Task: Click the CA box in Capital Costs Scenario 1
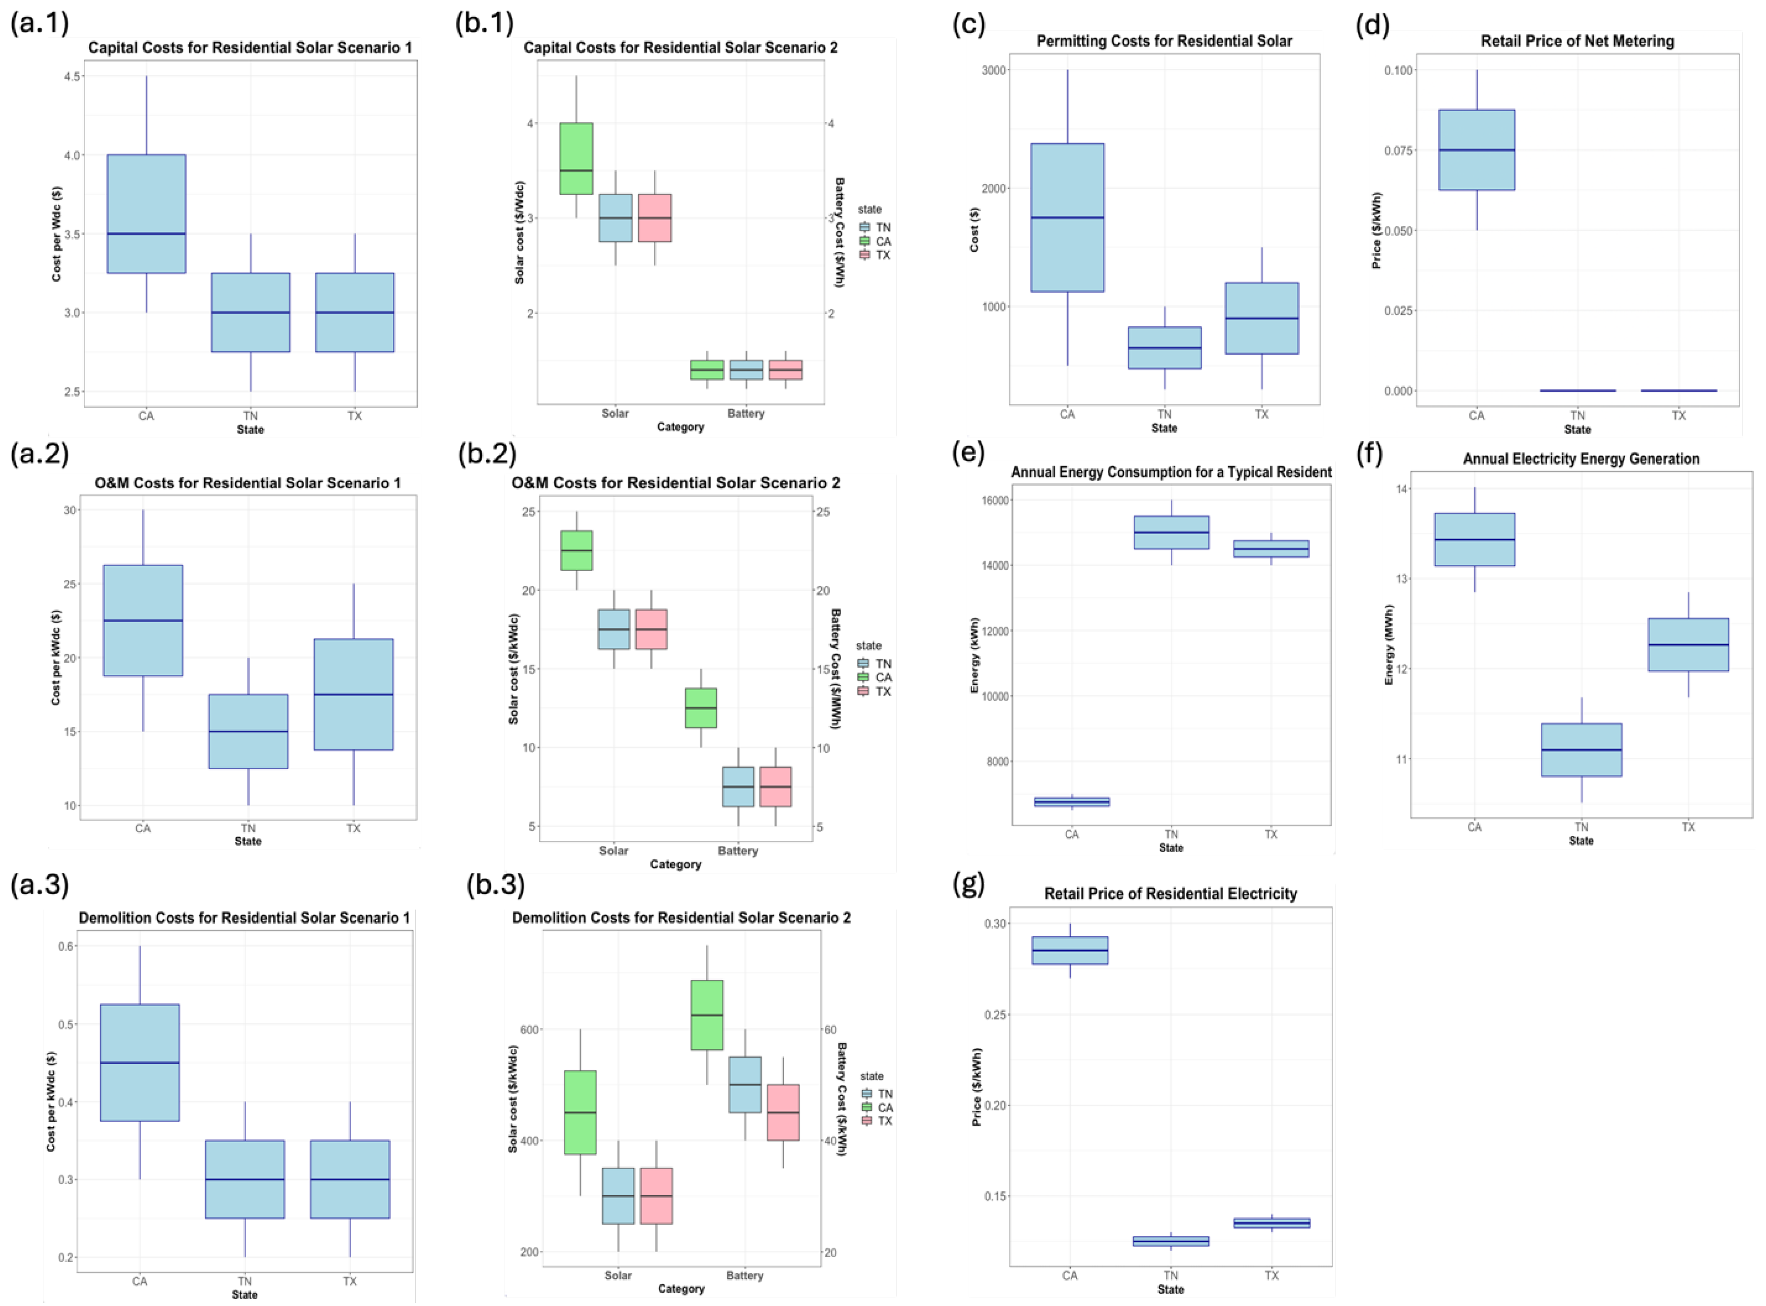(146, 213)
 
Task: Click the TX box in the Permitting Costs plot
(1262, 318)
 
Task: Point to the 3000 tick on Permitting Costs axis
(993, 70)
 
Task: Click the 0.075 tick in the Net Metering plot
(1398, 151)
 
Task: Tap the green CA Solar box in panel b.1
(576, 158)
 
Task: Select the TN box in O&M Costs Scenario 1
(248, 731)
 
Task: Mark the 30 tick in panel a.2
(70, 511)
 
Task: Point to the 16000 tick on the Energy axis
(994, 501)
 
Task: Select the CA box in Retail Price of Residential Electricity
(1069, 950)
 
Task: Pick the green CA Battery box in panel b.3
(706, 1015)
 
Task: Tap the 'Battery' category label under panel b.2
(737, 851)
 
